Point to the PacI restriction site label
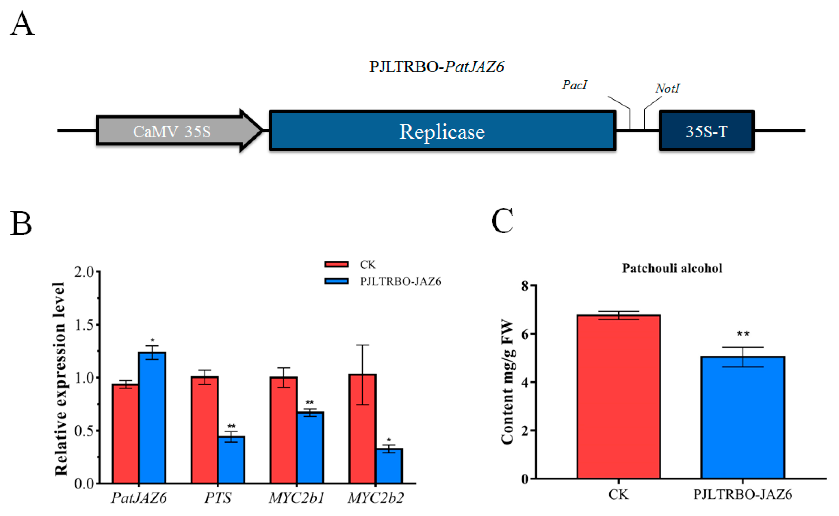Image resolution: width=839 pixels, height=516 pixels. pyautogui.click(x=574, y=85)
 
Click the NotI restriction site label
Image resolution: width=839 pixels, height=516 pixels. pyautogui.click(x=667, y=88)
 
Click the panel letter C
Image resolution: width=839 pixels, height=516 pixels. pyautogui.click(x=502, y=221)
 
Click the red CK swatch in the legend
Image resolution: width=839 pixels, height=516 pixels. pyautogui.click(x=336, y=264)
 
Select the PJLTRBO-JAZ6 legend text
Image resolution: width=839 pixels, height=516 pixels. pyautogui.click(x=401, y=281)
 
